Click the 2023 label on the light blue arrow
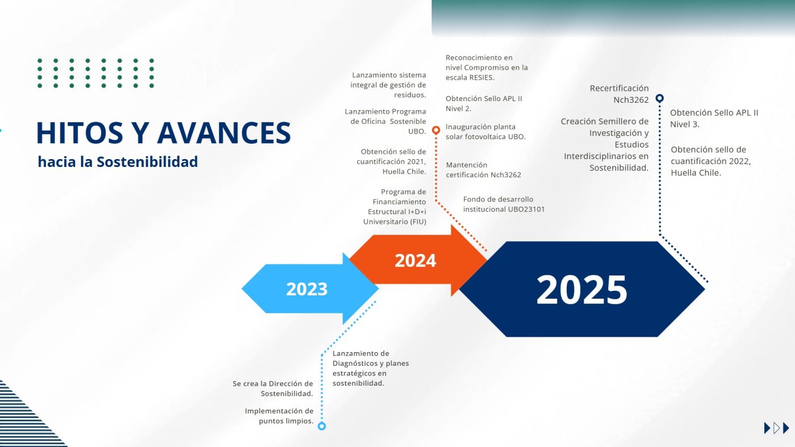point(307,289)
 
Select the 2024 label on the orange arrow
point(415,260)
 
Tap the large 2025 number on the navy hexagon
point(581,290)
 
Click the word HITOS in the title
point(79,133)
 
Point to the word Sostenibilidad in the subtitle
point(147,162)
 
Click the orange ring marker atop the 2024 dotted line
point(436,130)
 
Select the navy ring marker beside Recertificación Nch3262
point(659,98)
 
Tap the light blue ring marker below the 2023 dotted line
point(321,425)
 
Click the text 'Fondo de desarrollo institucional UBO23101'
point(504,204)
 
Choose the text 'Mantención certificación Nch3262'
point(483,170)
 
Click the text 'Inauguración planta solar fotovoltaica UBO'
point(486,132)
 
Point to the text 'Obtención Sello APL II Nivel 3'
point(714,119)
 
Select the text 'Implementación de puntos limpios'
point(279,416)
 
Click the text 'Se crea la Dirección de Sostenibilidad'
point(273,388)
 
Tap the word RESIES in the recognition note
point(482,77)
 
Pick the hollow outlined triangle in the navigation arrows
point(777,428)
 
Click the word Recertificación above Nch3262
point(619,88)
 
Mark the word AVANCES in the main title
point(224,133)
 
